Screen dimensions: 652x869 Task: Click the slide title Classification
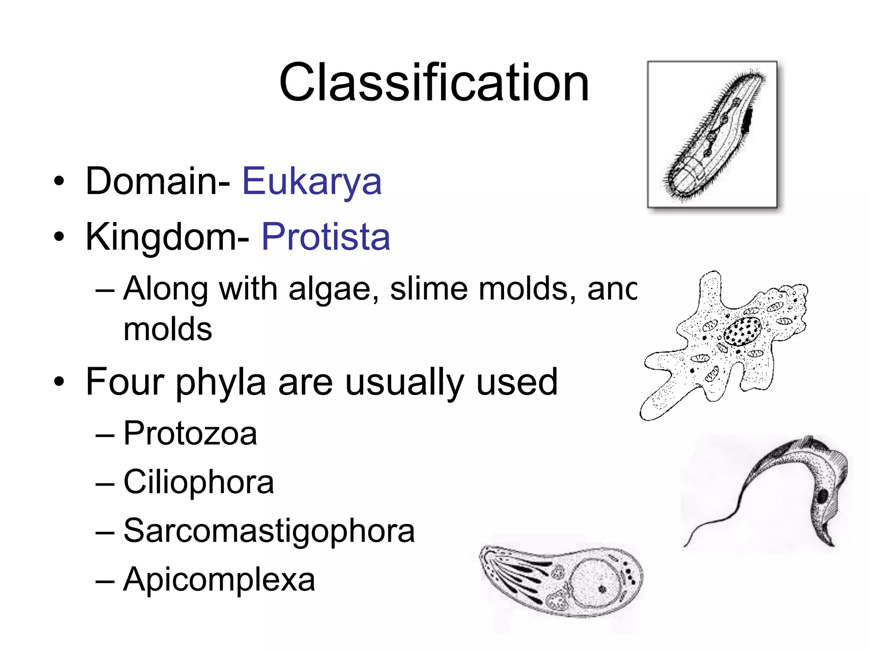434,83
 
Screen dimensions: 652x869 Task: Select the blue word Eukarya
312,182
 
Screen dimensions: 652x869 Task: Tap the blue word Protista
325,237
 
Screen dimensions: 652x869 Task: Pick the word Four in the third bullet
125,382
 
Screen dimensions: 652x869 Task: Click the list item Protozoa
190,434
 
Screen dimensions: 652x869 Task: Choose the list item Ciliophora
199,483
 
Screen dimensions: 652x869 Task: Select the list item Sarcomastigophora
269,531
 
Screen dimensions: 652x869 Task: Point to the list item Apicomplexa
219,580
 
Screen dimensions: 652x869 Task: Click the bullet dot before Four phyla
59,382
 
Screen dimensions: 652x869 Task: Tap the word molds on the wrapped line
168,329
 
